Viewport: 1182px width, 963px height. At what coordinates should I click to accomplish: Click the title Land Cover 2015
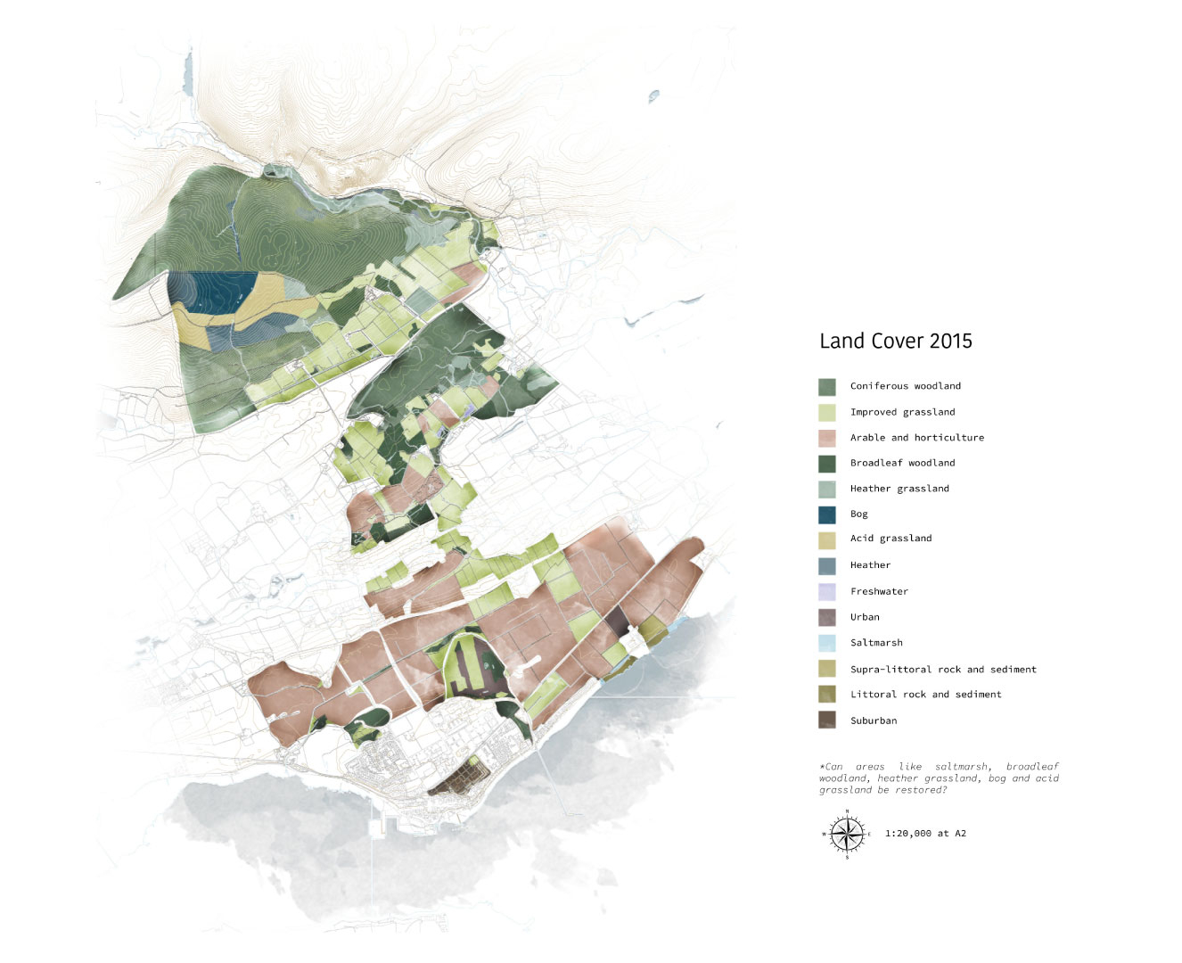[895, 341]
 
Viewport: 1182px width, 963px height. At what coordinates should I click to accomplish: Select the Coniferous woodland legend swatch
[826, 386]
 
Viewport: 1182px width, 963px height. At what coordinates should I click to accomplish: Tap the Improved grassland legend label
[902, 412]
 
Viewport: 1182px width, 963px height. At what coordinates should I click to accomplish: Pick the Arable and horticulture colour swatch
[826, 438]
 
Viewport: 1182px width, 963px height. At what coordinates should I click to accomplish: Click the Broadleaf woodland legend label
[902, 463]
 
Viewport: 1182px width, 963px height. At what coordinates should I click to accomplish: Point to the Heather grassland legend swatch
[826, 489]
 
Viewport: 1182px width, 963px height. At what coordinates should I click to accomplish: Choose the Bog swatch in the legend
[826, 514]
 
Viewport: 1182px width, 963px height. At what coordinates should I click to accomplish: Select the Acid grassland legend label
[891, 539]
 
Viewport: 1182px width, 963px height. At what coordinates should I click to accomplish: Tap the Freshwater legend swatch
[826, 591]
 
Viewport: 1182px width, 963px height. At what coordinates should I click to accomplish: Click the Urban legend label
[865, 617]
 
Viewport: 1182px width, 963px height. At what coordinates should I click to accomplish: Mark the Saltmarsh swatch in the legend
[826, 643]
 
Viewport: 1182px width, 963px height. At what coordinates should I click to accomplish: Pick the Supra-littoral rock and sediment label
[943, 670]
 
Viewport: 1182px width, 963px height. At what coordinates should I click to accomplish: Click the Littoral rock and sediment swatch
[826, 695]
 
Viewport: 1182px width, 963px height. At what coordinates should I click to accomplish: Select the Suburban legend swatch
[826, 720]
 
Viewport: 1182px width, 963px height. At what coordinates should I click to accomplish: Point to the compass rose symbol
[846, 835]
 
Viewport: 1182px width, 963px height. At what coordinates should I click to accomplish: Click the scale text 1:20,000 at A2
[925, 834]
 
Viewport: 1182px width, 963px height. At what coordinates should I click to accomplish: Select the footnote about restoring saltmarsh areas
[939, 778]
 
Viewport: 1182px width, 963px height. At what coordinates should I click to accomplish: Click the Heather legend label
[870, 565]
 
